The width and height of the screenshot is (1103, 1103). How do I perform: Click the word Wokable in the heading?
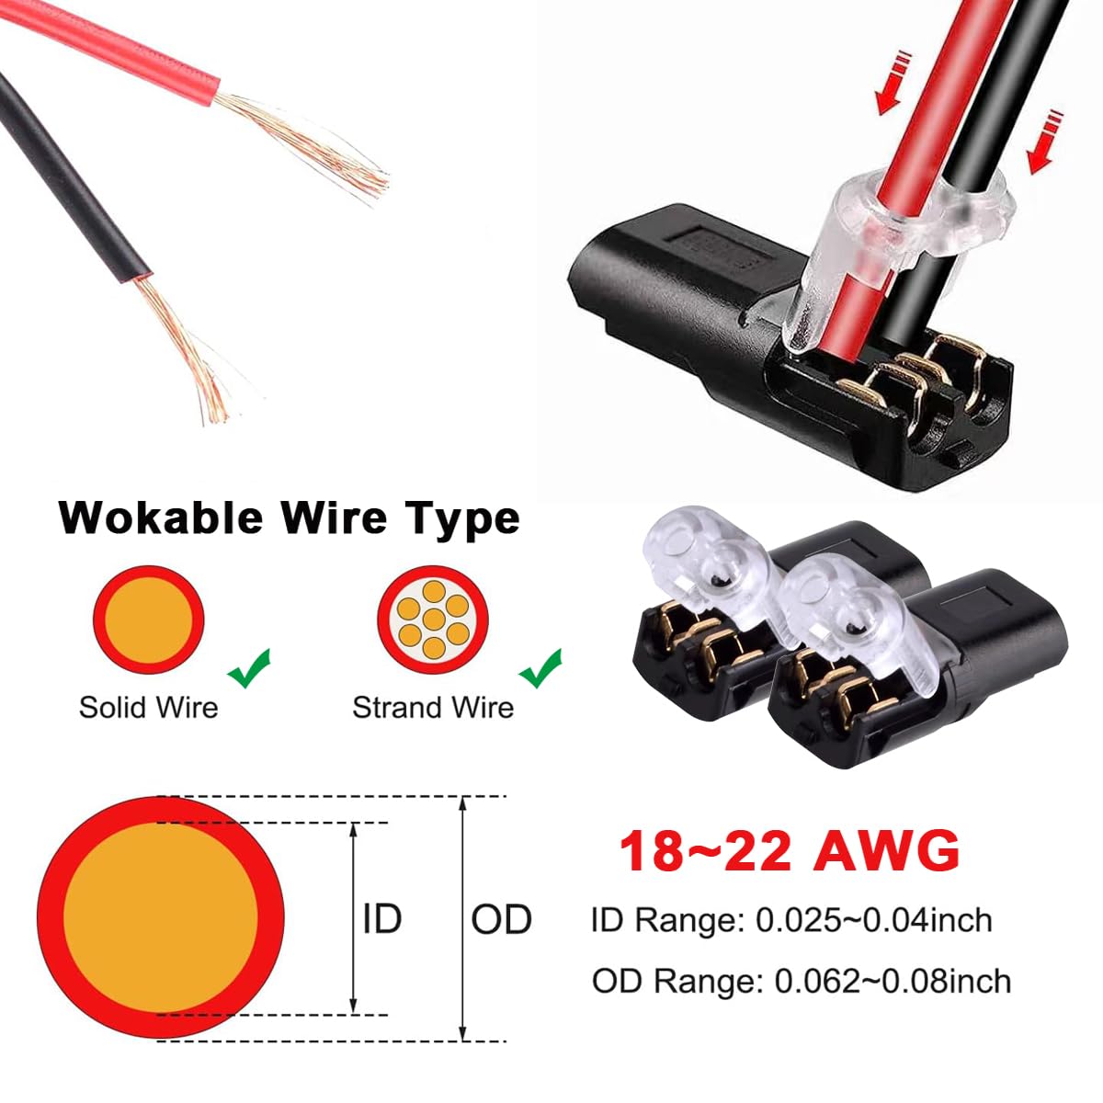162,518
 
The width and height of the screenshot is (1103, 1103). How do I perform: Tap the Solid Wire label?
149,708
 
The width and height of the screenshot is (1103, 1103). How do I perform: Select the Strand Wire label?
433,708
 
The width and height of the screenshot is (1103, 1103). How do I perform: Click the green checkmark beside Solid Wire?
249,668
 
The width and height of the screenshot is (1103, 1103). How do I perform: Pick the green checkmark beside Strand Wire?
540,668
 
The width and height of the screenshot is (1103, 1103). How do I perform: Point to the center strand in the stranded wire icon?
433,620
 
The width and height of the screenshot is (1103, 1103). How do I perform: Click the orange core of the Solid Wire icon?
149,620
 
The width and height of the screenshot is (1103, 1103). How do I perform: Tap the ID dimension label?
382,920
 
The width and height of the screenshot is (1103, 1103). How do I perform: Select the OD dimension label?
501,920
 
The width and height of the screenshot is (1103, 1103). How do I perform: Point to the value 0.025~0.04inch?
874,920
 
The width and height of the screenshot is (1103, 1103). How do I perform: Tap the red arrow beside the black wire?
1044,142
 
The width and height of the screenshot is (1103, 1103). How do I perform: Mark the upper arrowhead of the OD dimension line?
463,802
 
